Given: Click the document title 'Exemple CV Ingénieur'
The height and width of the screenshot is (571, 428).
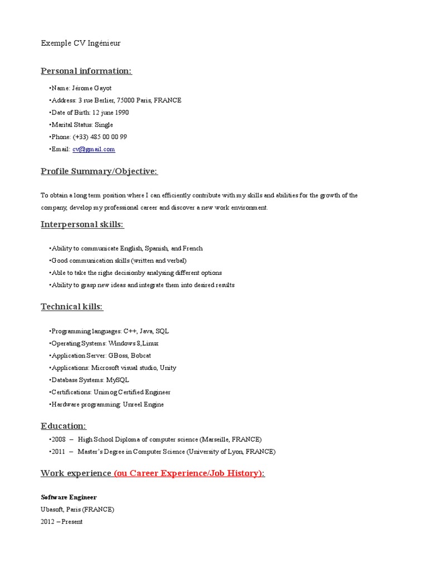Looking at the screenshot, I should coord(80,43).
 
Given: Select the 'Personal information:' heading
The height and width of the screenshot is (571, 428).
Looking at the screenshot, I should coord(86,71).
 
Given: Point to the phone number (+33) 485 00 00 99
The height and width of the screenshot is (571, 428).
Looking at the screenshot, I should coord(100,137).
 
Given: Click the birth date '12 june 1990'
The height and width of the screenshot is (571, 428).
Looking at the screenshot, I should coord(110,112).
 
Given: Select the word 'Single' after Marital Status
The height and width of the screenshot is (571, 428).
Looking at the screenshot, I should coord(104,124).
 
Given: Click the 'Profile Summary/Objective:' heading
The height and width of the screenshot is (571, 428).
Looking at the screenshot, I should coord(99,171).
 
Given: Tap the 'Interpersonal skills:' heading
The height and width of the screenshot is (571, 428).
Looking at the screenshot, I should coord(82,224).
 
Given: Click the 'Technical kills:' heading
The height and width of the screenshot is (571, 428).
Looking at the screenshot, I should coord(72,307).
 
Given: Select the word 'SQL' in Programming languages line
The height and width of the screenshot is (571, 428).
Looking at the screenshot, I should coord(162,331).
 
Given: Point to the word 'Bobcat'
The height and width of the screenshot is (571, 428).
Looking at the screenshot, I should coord(141,355).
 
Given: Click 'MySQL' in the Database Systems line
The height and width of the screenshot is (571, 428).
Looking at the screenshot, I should coord(118,380).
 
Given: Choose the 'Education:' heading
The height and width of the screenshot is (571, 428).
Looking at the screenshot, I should coord(64,426).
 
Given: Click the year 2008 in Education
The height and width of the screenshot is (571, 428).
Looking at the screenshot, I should coord(59,439).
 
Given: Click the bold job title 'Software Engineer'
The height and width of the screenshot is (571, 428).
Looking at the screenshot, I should coord(69,497).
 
